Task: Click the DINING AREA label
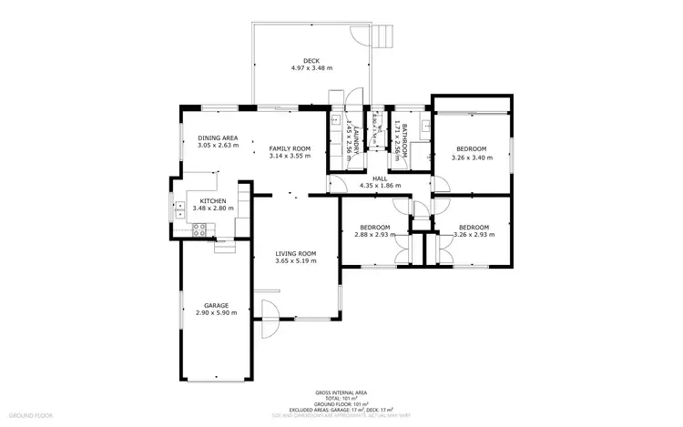[218, 137]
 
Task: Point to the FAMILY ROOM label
[290, 148]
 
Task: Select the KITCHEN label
[212, 200]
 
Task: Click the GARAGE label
[216, 305]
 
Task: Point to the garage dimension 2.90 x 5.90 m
[216, 312]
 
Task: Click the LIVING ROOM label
[296, 253]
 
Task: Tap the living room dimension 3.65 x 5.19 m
[296, 260]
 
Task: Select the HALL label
[380, 178]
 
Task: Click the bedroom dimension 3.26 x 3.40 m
[472, 157]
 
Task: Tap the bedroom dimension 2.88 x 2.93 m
[374, 234]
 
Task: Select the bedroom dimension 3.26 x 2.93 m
[474, 234]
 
